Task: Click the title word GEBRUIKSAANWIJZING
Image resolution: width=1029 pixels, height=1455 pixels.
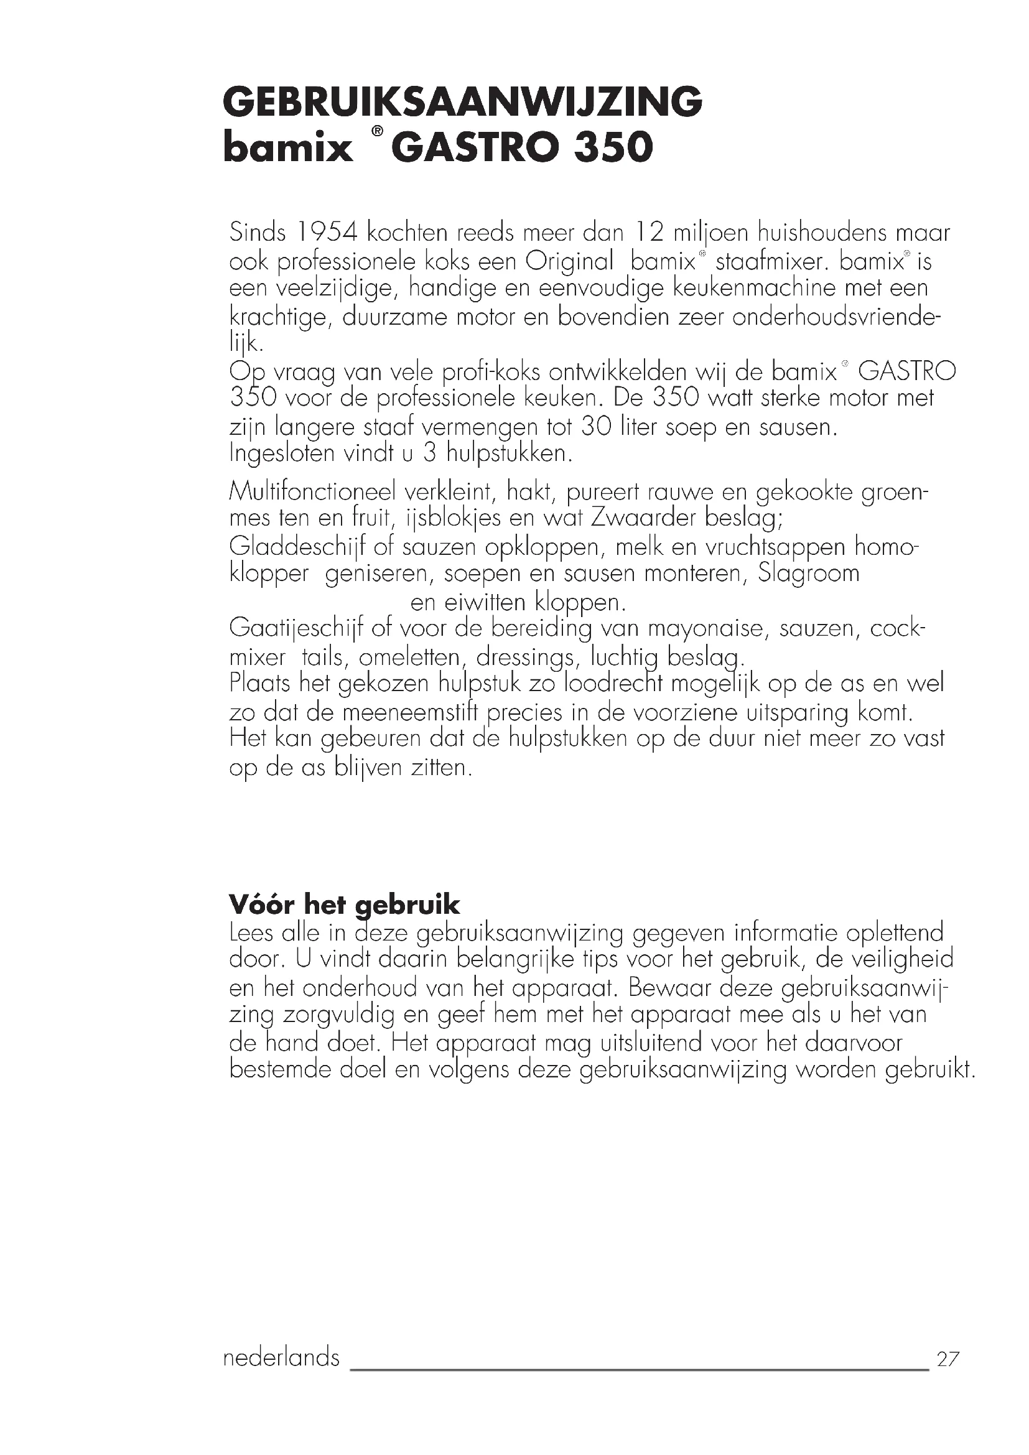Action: [x=462, y=102]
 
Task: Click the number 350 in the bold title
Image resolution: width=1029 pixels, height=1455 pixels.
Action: [x=613, y=147]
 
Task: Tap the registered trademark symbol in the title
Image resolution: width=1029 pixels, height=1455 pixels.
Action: [x=377, y=132]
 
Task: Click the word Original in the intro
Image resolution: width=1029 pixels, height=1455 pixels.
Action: [x=570, y=261]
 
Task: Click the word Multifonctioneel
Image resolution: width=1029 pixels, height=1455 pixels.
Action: [x=312, y=492]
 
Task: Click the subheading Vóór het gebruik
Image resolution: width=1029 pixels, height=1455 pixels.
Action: [x=344, y=904]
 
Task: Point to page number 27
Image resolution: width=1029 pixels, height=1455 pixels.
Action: [x=948, y=1359]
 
